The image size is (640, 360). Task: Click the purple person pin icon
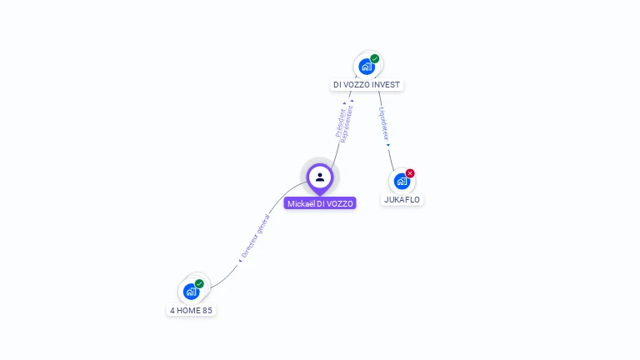click(320, 177)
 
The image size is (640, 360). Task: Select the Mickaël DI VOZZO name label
click(320, 203)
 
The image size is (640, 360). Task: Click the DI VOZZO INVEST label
click(367, 85)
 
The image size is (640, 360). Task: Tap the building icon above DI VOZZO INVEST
click(366, 67)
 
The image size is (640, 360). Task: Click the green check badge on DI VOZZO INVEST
click(375, 59)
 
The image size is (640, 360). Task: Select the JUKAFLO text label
click(402, 200)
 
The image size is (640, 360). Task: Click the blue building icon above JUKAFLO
click(401, 181)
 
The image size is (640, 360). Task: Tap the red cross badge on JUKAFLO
click(410, 173)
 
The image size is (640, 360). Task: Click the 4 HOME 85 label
click(192, 310)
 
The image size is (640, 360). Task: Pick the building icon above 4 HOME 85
click(191, 292)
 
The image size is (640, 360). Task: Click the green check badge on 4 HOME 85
click(199, 284)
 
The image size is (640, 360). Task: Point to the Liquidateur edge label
click(383, 122)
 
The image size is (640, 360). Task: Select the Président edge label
click(341, 122)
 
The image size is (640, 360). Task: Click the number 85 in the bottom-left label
click(208, 310)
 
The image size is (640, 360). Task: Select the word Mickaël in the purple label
click(301, 203)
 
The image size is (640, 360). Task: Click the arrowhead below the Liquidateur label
click(387, 145)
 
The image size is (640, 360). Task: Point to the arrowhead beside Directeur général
click(240, 261)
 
